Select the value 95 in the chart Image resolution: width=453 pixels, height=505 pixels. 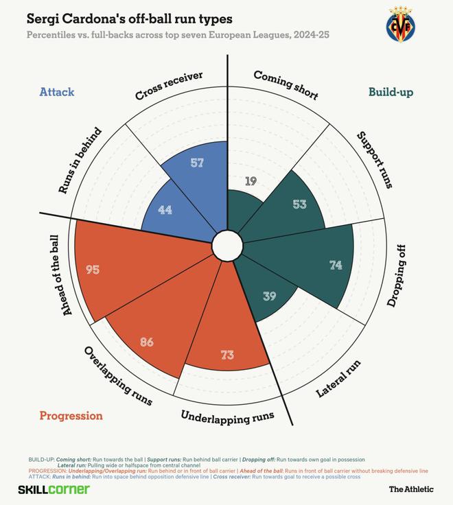pos(93,270)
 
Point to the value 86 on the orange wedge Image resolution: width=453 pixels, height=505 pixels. pos(146,340)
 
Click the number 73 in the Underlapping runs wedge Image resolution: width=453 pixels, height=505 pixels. pos(227,355)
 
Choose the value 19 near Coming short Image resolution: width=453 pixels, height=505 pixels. pos(250,181)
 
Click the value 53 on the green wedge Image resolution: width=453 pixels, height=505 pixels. pos(299,204)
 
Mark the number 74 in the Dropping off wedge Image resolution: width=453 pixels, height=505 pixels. pos(335,266)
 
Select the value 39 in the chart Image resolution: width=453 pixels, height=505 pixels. pos(270,296)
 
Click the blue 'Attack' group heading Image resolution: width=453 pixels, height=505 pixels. pos(57,92)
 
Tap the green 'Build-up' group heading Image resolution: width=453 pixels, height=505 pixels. pos(391,92)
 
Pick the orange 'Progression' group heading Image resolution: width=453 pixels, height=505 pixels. pos(71,416)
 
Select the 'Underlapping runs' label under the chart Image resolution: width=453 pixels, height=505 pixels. pos(227,416)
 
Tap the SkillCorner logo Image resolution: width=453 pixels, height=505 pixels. pos(54,489)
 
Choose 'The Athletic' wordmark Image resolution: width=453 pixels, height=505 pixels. pos(411,489)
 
